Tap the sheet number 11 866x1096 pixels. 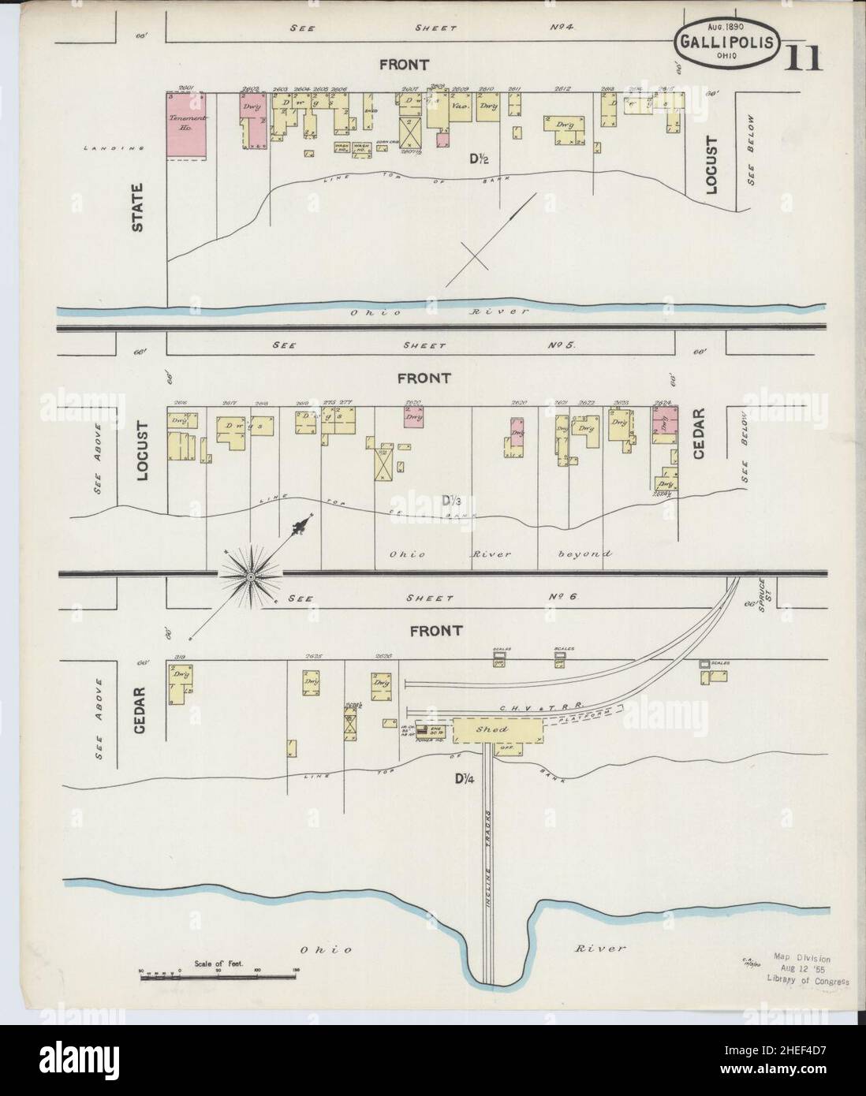point(803,58)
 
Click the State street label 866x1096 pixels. point(139,208)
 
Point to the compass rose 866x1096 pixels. point(250,577)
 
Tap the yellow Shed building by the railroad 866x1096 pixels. point(498,730)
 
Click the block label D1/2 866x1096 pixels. point(479,159)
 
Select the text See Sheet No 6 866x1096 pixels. point(432,598)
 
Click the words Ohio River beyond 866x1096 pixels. point(498,554)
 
